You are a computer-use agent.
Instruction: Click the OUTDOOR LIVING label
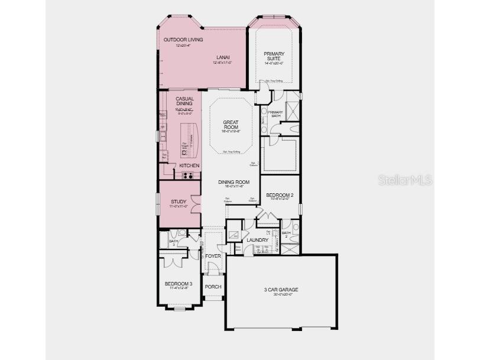tap(183, 40)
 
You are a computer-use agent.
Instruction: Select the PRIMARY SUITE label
tap(274, 56)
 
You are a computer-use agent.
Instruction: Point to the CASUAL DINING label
tap(184, 101)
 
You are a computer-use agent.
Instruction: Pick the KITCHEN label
tap(189, 166)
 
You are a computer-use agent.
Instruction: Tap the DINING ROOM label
tap(231, 183)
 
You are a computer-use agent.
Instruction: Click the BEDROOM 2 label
tap(280, 195)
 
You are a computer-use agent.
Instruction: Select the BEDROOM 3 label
tap(178, 284)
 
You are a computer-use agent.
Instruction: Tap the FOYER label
tap(213, 256)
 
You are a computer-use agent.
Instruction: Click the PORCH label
tap(213, 287)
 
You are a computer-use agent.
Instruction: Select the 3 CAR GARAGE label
tap(281, 290)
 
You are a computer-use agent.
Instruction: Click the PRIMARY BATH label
tap(275, 113)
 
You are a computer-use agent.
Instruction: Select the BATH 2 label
tap(286, 234)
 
